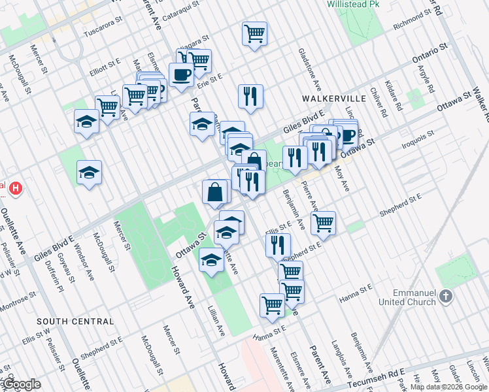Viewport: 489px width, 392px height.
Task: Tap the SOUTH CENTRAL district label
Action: point(75,321)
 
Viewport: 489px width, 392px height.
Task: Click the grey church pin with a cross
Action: point(447,296)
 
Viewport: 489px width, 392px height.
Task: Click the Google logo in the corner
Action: point(22,384)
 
